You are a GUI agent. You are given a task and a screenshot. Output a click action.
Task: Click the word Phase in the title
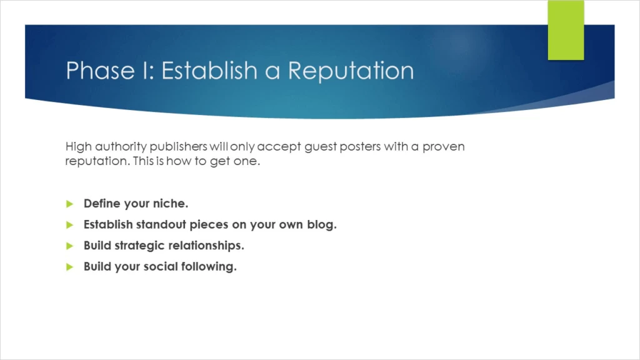click(101, 70)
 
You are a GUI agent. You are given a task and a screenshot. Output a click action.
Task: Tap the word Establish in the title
click(209, 70)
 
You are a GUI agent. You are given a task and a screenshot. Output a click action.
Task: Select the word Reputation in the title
click(351, 71)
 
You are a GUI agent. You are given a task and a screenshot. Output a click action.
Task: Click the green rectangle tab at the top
click(566, 30)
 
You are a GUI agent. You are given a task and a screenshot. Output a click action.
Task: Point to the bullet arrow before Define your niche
click(70, 204)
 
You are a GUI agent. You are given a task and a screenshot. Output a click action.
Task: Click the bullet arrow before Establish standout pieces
click(70, 225)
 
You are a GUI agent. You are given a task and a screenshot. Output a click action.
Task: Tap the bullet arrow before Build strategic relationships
click(70, 246)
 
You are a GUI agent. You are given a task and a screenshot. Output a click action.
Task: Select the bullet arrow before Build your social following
click(70, 267)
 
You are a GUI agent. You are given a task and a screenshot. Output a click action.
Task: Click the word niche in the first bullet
click(171, 203)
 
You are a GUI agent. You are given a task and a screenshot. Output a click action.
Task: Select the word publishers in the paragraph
click(178, 146)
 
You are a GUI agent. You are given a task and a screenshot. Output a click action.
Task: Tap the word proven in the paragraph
click(444, 147)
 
